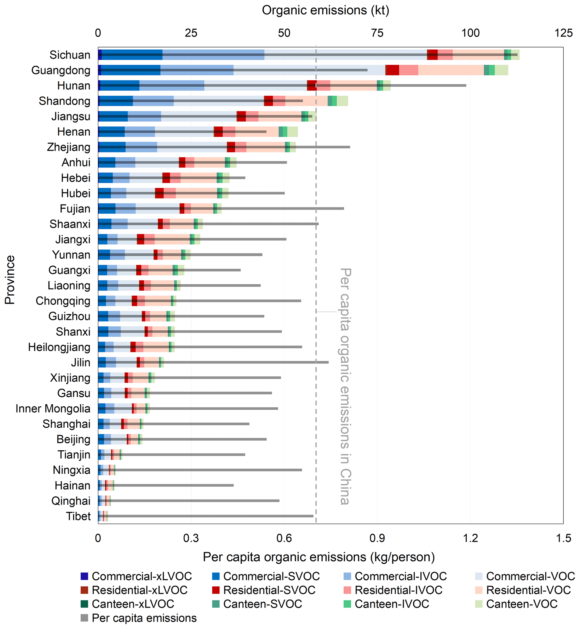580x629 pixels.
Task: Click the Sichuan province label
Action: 70,55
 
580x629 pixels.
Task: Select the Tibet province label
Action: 78,516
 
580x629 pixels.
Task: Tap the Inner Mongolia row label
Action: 53,409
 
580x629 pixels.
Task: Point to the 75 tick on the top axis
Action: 377,33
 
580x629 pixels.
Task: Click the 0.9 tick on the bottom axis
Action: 377,538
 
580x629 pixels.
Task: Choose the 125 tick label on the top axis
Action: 563,33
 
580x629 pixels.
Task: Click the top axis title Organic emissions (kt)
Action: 325,10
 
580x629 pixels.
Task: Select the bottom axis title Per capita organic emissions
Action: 318,557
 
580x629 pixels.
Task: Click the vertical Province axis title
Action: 10,280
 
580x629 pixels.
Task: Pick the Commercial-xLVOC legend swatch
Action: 84,576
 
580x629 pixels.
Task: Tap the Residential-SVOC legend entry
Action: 269,590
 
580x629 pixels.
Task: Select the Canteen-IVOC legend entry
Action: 391,604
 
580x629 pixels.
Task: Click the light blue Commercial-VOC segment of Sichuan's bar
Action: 345,51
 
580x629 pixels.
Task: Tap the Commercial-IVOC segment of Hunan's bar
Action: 172,82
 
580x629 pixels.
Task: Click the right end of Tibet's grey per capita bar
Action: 313,516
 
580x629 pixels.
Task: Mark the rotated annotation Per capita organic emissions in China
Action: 345,386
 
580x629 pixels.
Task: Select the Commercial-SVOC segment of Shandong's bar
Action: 116,98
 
